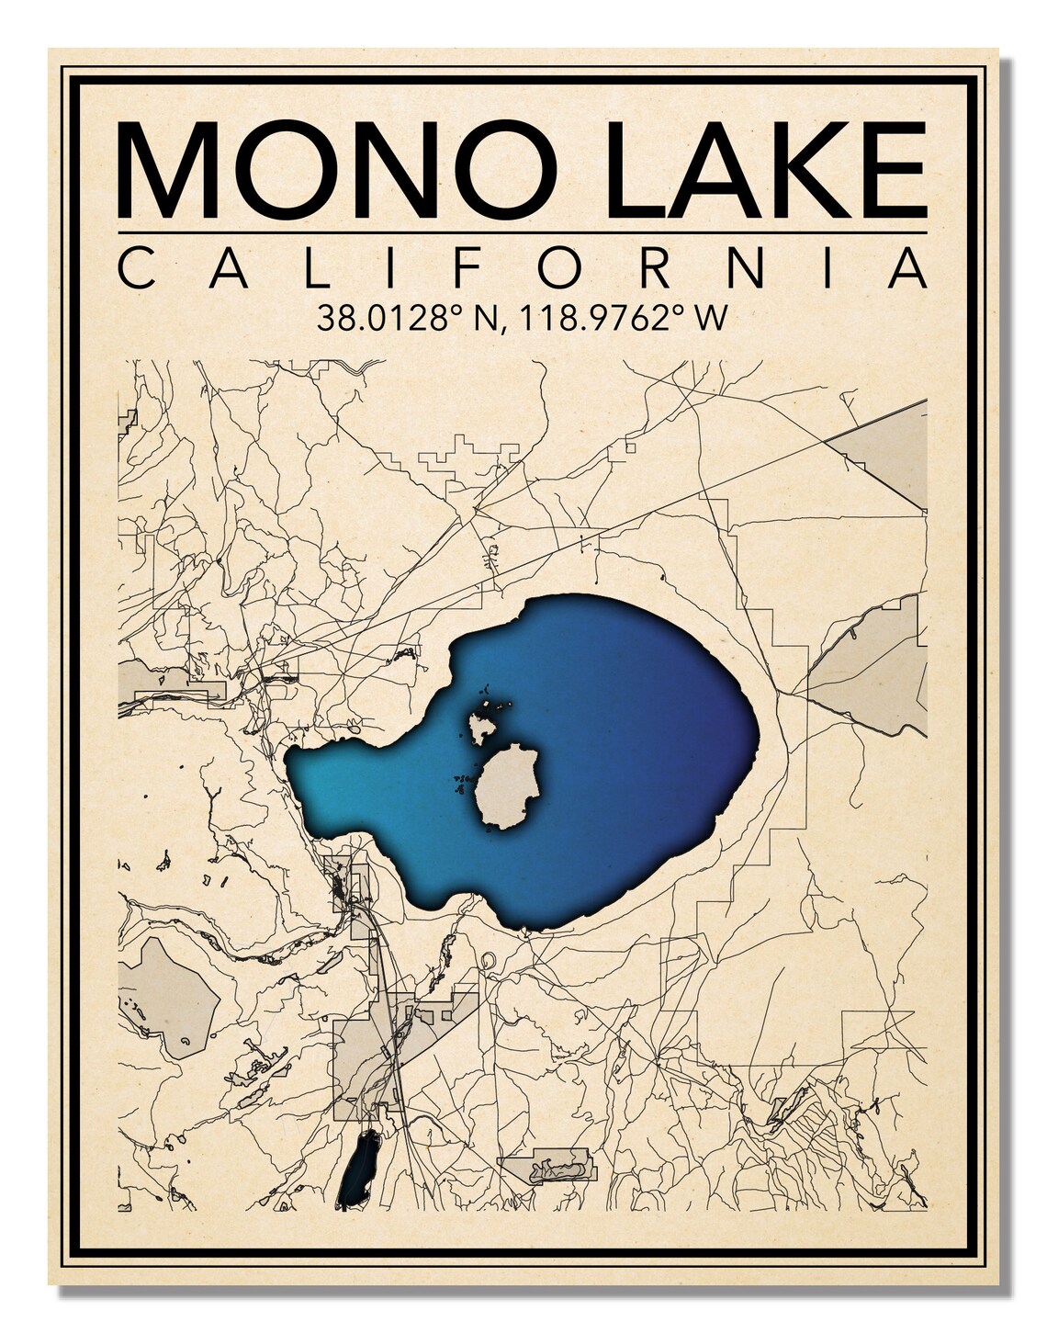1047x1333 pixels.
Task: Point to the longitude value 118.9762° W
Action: (624, 319)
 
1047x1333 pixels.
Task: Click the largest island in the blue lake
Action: (507, 785)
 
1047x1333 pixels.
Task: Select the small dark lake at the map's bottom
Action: (358, 1168)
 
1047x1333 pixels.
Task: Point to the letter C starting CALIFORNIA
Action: (140, 268)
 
